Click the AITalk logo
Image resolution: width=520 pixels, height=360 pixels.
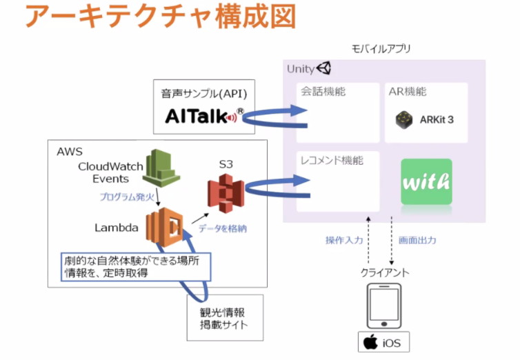click(204, 116)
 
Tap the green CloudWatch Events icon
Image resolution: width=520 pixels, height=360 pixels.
click(161, 168)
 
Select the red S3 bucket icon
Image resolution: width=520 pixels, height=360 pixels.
click(226, 194)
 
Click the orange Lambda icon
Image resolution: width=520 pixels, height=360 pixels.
click(165, 227)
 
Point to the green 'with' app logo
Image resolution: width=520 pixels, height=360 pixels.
click(426, 181)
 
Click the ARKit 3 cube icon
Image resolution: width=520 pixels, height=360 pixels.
click(404, 120)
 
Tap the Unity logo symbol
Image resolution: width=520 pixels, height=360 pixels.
click(323, 68)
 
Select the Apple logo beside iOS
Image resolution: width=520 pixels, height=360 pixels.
click(370, 342)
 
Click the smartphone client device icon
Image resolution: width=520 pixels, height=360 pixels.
click(384, 306)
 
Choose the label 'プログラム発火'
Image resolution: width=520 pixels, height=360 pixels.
click(127, 197)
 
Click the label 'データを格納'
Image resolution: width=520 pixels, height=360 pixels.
click(223, 228)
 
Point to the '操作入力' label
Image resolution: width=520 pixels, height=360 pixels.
click(344, 240)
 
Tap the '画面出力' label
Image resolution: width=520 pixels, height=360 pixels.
click(417, 240)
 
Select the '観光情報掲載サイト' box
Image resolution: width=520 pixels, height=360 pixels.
click(226, 317)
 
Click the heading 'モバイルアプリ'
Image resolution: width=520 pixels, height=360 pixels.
click(381, 49)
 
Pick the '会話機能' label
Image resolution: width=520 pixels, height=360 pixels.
click(323, 91)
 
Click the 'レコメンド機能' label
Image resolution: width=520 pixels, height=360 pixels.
click(332, 161)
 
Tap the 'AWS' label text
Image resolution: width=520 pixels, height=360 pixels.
click(70, 152)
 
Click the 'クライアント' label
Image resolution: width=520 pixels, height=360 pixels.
click(385, 272)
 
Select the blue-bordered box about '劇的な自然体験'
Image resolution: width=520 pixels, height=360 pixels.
click(136, 267)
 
